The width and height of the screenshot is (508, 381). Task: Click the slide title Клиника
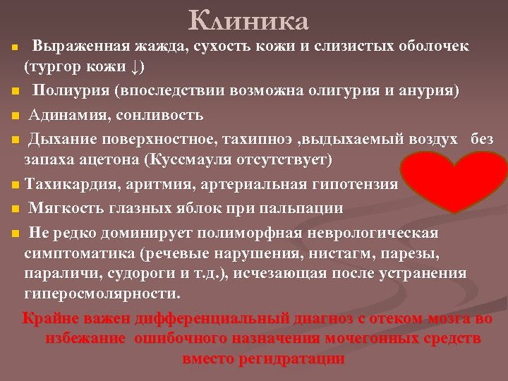[x=249, y=20]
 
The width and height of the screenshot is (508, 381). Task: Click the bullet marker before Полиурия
[x=15, y=92]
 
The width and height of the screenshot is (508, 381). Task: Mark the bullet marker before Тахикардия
[x=15, y=186]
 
